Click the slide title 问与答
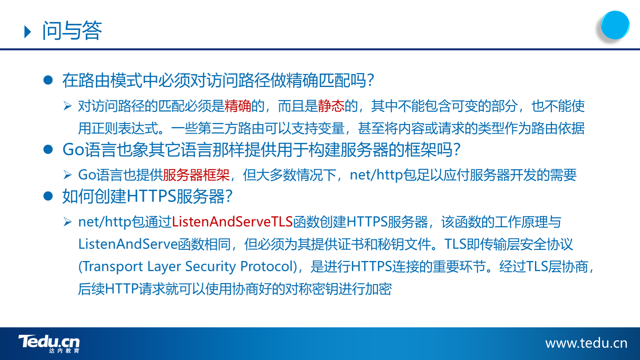coord(72,31)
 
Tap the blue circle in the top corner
coord(615,25)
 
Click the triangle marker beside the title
coord(28,32)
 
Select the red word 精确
coord(238,106)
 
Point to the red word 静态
coord(331,106)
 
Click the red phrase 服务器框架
coord(196,175)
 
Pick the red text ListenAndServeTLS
coord(232,222)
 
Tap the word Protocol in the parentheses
coord(266,266)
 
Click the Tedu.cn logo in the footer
coord(49,344)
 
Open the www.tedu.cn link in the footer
coord(586,343)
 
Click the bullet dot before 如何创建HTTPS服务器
coord(48,196)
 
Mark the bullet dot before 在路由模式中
coord(48,80)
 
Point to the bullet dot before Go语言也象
coord(48,149)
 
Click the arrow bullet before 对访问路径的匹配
coord(68,106)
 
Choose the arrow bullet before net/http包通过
coord(68,222)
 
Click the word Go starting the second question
coord(73,150)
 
